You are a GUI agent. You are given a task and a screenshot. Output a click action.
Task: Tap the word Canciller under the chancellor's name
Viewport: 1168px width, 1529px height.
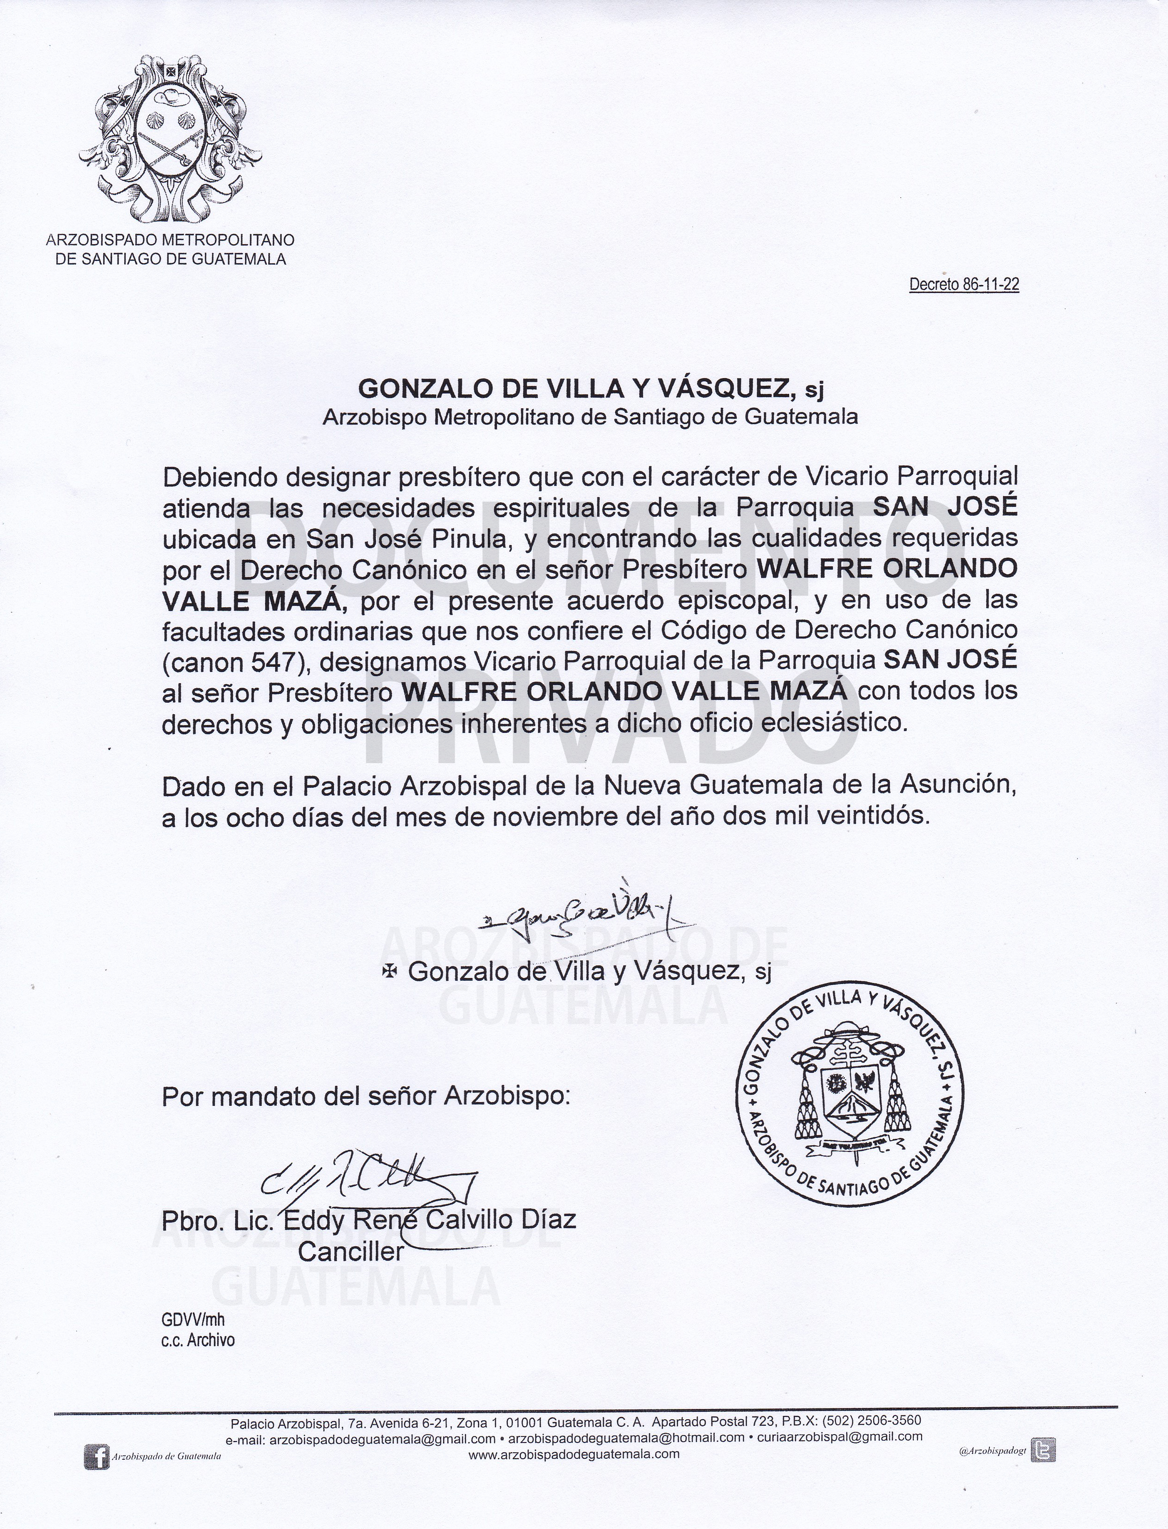pyautogui.click(x=351, y=1251)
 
